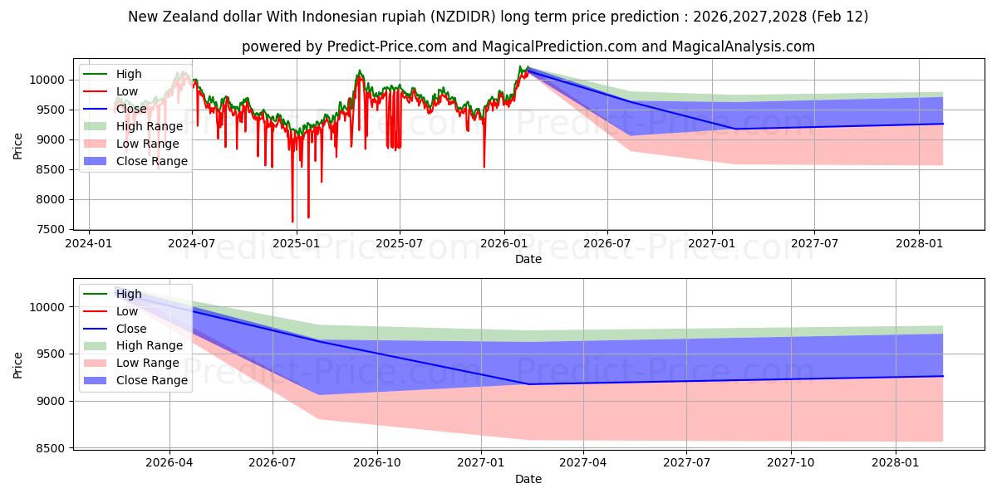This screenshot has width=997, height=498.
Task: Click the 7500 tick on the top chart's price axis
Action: coord(51,229)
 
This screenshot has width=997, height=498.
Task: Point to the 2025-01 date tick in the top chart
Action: coord(296,243)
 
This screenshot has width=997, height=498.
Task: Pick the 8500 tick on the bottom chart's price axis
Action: coord(51,448)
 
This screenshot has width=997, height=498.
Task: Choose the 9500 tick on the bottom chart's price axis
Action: coord(51,354)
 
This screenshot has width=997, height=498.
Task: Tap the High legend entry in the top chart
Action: coord(129,74)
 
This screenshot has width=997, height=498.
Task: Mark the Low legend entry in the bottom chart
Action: coord(127,311)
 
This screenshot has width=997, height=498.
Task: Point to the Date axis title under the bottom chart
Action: coord(528,479)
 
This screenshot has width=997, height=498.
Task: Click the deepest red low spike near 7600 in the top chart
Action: coord(292,222)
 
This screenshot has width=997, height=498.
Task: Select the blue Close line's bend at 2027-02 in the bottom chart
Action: coord(528,383)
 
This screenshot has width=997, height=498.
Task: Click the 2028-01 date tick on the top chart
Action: coord(919,243)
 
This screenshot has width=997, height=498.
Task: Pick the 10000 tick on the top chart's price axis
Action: coord(47,80)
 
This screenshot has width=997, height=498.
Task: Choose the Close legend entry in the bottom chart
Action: coord(131,329)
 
